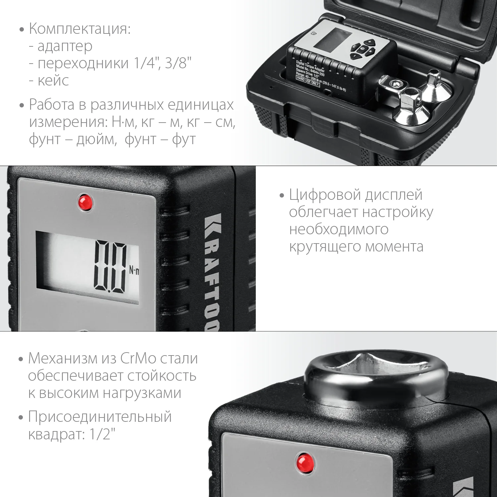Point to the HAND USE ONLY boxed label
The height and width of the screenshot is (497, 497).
tap(308, 81)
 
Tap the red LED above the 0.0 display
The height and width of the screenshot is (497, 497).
tap(85, 202)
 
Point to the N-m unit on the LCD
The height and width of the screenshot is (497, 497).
tap(134, 271)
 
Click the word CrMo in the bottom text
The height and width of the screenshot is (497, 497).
tap(138, 359)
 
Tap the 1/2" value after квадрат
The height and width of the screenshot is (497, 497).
tap(102, 434)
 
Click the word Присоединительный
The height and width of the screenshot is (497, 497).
tap(100, 417)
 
